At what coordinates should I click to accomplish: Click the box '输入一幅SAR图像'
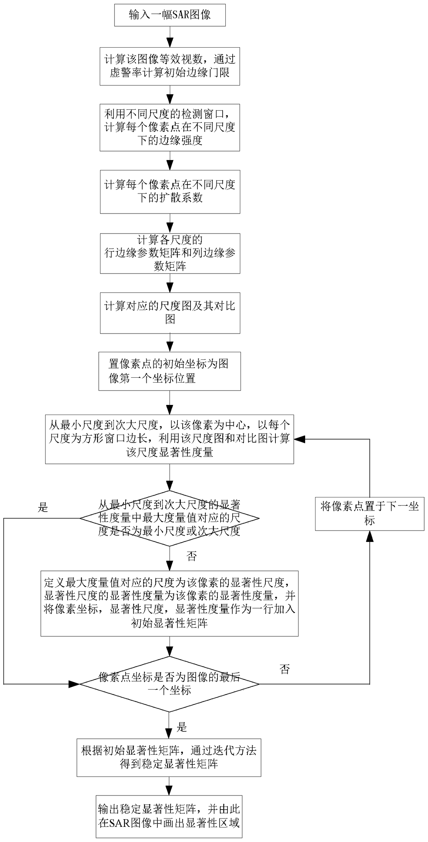170,15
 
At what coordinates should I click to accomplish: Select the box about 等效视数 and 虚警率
170,66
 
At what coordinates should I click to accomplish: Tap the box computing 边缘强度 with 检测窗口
170,127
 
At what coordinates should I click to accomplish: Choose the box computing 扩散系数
170,191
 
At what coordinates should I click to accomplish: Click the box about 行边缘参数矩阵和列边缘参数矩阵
170,253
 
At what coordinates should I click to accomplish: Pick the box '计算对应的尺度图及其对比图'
170,313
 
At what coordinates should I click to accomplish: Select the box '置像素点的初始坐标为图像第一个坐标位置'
169,371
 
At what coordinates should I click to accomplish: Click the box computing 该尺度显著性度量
169,439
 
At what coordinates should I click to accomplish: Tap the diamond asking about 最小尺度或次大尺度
169,518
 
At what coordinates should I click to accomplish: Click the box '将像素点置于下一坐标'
369,514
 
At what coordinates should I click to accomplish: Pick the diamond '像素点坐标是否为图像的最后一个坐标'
169,684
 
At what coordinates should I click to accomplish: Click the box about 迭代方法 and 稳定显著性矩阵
169,757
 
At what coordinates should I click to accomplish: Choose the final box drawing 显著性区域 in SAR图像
169,816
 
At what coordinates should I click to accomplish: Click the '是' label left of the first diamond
43,507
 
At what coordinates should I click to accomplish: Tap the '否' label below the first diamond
192,556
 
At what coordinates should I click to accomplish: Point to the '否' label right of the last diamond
284,670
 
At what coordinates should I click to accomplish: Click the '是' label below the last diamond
182,727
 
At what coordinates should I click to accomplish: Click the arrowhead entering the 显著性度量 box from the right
299,439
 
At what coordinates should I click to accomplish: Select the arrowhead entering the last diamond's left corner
75,684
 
